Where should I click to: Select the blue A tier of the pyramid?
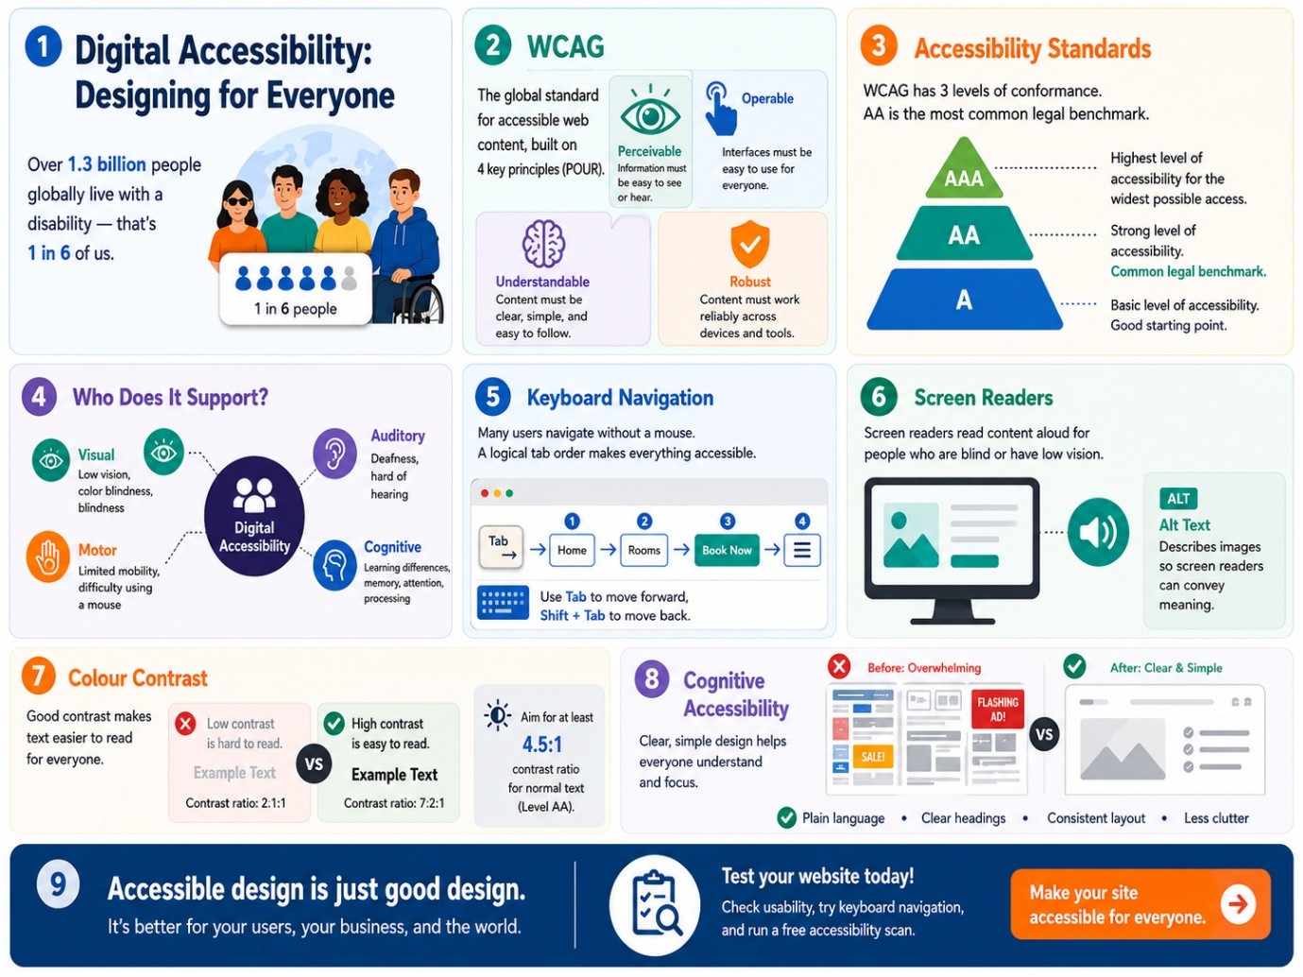(964, 300)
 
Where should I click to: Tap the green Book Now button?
(727, 550)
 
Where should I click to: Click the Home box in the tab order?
(572, 550)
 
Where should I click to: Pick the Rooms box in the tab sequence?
(644, 550)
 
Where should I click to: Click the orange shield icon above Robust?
(749, 244)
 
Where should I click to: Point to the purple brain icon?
(543, 244)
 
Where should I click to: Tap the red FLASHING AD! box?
(997, 709)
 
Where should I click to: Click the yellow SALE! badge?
(873, 756)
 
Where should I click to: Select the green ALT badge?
(1177, 499)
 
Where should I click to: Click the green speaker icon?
(1098, 531)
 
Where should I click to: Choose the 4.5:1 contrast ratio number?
(542, 744)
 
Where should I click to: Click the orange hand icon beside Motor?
(48, 556)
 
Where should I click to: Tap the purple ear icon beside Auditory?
(334, 454)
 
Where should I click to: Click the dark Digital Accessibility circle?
(254, 515)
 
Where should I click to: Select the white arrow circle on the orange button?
(1238, 904)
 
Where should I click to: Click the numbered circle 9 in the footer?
(58, 884)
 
